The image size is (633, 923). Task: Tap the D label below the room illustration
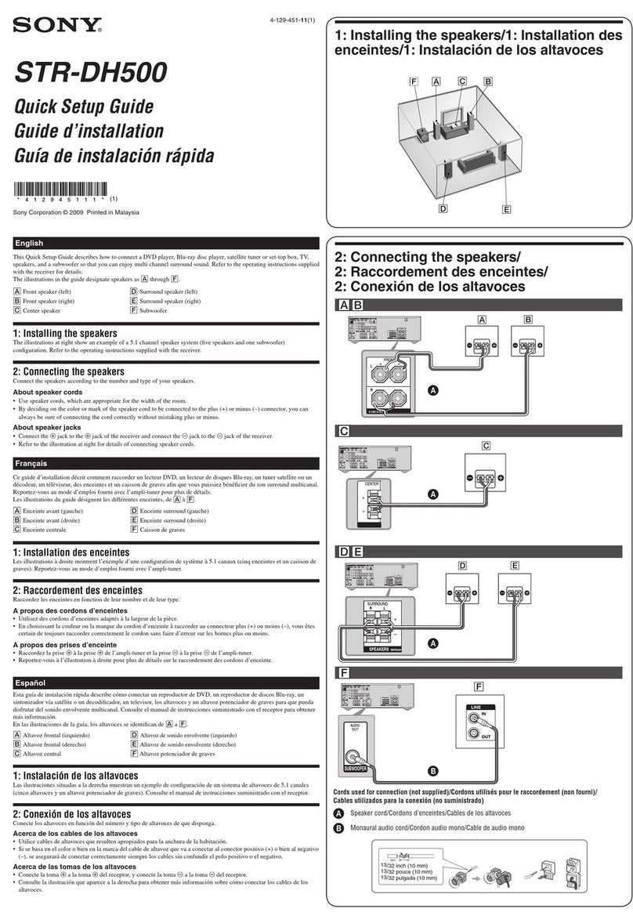(443, 208)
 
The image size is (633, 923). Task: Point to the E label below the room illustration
(506, 209)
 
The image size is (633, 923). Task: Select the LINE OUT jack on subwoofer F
(474, 735)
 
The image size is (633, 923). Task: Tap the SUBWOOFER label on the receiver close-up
(353, 768)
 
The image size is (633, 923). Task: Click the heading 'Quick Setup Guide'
(84, 107)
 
